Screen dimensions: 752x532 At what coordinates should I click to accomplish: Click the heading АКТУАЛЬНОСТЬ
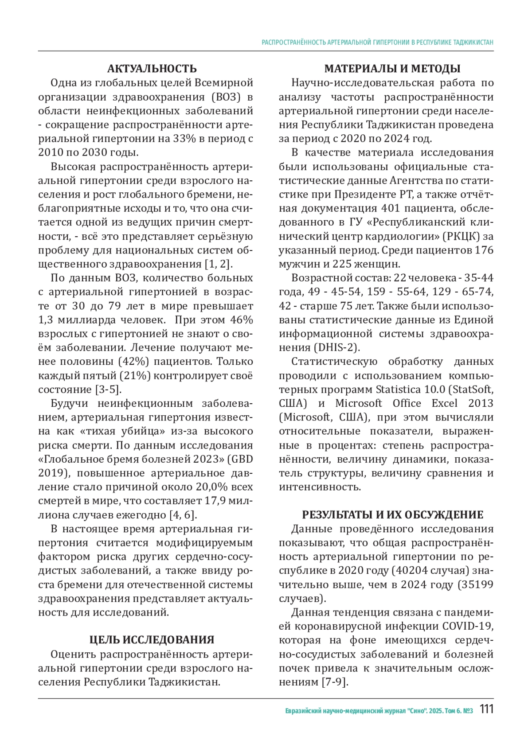(152, 69)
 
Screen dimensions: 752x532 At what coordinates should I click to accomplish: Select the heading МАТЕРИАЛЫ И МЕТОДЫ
(392, 69)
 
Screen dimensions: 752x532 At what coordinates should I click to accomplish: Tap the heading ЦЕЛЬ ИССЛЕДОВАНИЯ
(152, 640)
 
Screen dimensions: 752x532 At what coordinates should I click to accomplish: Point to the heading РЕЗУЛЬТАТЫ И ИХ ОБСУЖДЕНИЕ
(392, 515)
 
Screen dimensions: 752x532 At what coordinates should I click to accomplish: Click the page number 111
(486, 709)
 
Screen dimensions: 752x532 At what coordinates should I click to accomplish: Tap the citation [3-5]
(108, 390)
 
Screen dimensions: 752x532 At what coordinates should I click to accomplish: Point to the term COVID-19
(468, 626)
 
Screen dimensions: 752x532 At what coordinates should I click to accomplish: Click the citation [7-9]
(335, 682)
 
